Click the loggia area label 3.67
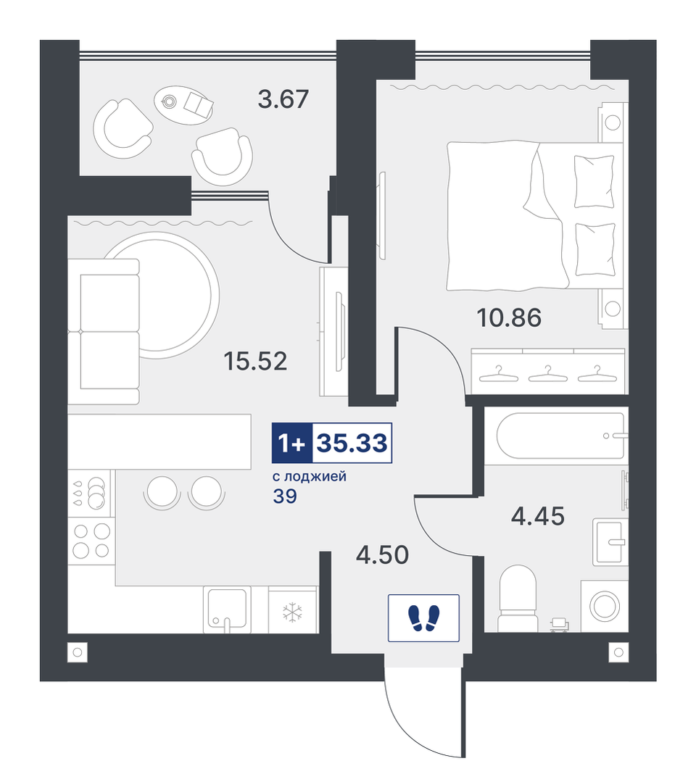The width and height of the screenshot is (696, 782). pos(283,99)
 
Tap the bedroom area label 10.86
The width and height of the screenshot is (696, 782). pos(509,317)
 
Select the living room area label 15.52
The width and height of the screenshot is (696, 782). pos(255,361)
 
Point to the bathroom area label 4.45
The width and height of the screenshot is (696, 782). pos(538,516)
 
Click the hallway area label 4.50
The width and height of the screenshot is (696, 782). pos(382,554)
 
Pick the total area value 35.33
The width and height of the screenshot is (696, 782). pos(352,443)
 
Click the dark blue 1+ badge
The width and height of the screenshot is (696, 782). pos(292,443)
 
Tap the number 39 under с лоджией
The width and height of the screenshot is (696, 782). pos(285,496)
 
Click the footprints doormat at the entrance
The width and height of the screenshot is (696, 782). pos(423,617)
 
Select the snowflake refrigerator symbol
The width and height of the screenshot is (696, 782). pos(293,612)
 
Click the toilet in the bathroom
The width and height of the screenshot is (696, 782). pos(518,599)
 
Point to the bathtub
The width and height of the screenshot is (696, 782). pos(560,436)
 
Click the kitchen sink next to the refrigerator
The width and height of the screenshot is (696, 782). pos(227,610)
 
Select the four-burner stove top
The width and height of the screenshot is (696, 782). pos(91,541)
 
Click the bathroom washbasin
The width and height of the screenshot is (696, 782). pos(610,542)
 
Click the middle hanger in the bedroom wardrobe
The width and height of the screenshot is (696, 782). pos(548,375)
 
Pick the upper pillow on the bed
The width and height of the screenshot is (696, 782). pos(594,181)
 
